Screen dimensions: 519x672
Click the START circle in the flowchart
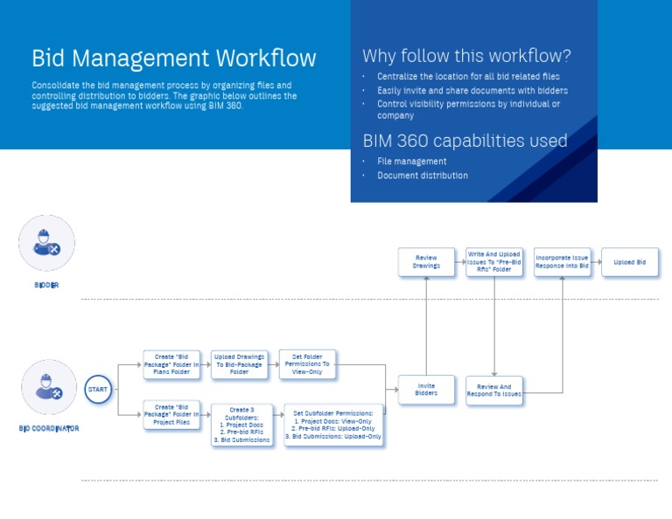[98, 390]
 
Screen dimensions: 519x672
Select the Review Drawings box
[426, 262]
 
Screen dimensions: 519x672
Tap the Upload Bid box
[629, 262]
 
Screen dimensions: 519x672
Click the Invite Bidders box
[426, 390]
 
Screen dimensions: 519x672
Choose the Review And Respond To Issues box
[494, 390]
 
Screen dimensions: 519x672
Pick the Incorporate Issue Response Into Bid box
[562, 262]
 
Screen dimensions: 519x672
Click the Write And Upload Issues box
[494, 262]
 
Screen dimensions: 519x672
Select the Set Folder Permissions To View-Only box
[307, 364]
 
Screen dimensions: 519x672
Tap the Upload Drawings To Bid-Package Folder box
[239, 364]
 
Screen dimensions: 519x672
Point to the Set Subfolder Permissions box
[333, 425]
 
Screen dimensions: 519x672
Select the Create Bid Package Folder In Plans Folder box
[171, 364]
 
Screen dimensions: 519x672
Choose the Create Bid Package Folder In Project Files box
[171, 415]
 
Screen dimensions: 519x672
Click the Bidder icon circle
[46, 244]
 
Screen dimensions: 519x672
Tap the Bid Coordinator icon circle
[48, 387]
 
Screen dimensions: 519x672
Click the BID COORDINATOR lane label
[49, 428]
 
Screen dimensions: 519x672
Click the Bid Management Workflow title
[173, 59]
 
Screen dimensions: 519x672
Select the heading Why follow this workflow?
[466, 57]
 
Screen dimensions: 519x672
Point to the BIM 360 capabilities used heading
[465, 141]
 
